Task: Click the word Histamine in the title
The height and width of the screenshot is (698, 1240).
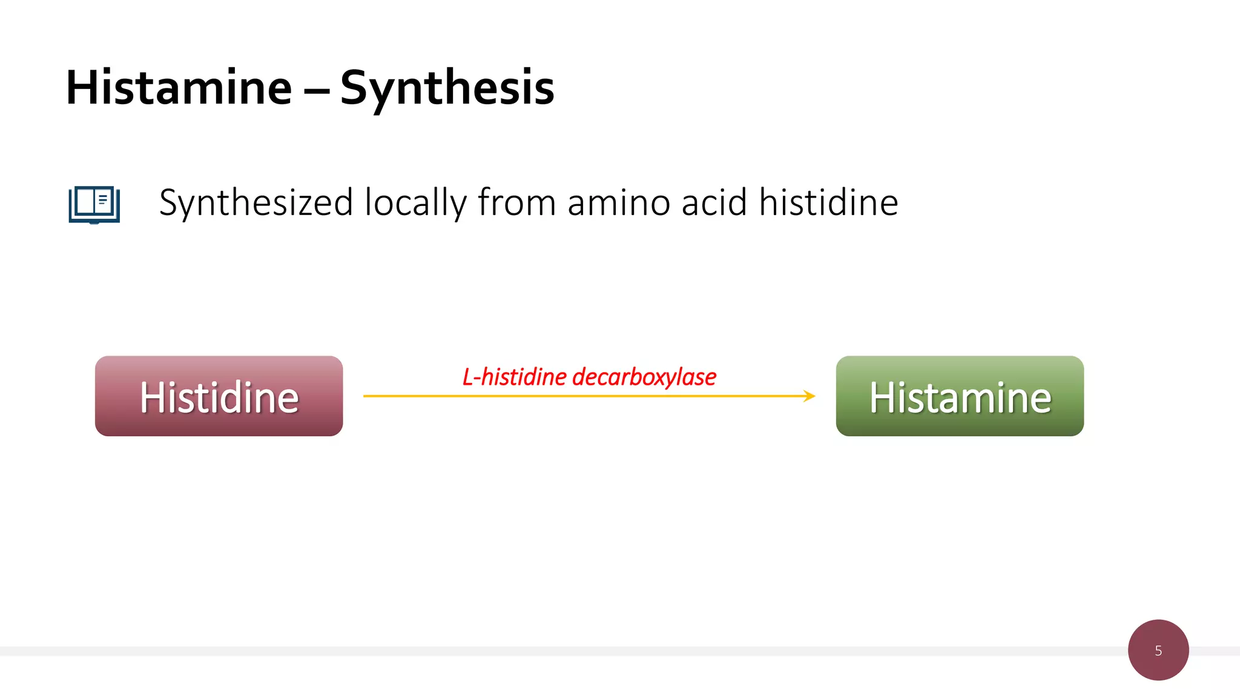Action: click(179, 88)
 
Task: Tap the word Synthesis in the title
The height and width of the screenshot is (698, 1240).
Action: click(447, 88)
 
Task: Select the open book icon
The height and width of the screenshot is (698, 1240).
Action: click(94, 204)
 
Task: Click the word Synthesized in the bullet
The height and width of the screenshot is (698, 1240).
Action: click(256, 203)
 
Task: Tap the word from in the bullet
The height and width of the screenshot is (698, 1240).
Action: click(516, 203)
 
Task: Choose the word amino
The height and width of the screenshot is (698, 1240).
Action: click(618, 203)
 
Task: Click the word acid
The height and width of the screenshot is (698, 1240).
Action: click(714, 203)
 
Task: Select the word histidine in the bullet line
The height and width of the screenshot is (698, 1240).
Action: click(828, 203)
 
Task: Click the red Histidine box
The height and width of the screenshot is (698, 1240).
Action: click(219, 396)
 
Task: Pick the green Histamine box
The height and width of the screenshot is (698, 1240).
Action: click(960, 396)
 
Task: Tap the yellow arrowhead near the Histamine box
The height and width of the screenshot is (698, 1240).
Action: click(810, 396)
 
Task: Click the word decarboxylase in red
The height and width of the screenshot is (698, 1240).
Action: click(644, 377)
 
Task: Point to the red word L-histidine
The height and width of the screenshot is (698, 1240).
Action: click(515, 377)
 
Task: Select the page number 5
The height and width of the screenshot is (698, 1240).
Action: click(1158, 651)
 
